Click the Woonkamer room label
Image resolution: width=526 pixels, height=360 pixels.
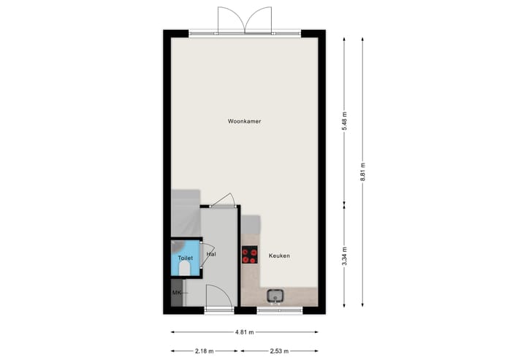[x=244, y=121]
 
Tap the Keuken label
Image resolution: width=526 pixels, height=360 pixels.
[x=279, y=256]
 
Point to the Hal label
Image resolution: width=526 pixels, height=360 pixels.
[x=211, y=254]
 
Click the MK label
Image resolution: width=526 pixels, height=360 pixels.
[x=176, y=293]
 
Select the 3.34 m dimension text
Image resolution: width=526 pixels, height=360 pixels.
[x=344, y=257]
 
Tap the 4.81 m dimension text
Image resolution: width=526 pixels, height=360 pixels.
[x=244, y=332]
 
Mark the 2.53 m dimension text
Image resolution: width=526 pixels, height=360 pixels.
[x=281, y=350]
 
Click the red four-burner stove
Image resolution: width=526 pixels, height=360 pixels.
[x=250, y=255]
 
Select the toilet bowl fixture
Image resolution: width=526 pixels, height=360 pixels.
[x=183, y=268]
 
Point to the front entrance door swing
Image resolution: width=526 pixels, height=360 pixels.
[x=218, y=297]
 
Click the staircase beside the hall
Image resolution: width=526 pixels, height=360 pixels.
[x=186, y=212]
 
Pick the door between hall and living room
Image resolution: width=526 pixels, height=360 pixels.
[x=221, y=201]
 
